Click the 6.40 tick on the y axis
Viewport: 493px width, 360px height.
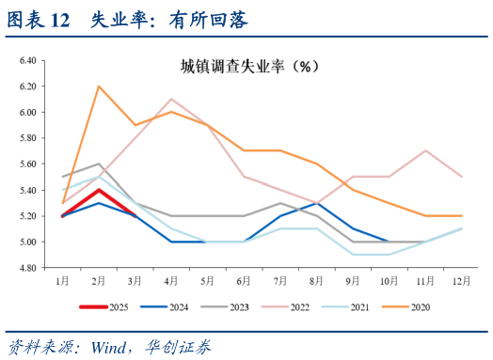(27, 60)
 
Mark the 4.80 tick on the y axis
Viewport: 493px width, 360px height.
(27, 268)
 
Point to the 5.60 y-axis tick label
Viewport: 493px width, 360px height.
(27, 164)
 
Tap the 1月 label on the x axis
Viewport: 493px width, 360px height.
(62, 280)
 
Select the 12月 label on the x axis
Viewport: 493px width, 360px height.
(460, 280)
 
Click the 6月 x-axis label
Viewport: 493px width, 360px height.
(244, 280)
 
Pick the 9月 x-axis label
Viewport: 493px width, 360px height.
(352, 280)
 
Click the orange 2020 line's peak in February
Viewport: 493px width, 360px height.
(99, 86)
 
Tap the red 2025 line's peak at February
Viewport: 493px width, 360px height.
(99, 190)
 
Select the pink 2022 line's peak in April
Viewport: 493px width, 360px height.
(171, 99)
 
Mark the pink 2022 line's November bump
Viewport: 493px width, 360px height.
(424, 150)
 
